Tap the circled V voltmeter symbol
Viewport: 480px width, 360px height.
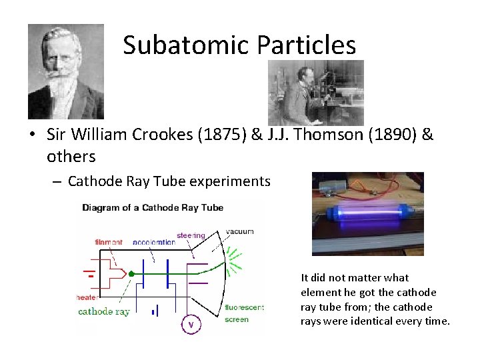coord(191,325)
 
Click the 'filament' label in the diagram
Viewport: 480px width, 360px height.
coord(108,241)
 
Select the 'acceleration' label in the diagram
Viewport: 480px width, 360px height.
coord(153,241)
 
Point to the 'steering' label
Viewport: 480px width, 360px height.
coord(191,235)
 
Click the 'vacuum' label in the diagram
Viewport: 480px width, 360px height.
coord(240,231)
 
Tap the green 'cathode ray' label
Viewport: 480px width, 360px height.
coord(104,311)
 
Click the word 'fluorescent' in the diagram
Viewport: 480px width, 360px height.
coord(245,307)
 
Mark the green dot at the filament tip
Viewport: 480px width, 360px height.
coord(132,273)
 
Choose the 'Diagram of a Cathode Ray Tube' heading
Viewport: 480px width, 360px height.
coord(153,207)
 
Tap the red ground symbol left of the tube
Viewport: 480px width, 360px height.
coord(87,273)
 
